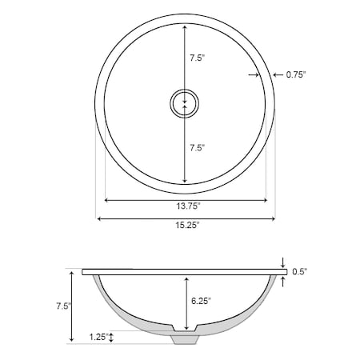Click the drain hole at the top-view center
(x=185, y=103)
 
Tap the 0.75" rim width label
(x=296, y=74)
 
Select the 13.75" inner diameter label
(x=188, y=206)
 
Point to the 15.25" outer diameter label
(x=186, y=226)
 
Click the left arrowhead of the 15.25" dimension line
(x=100, y=218)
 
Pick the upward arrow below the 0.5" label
(x=283, y=278)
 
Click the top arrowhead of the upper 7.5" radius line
(x=185, y=26)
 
